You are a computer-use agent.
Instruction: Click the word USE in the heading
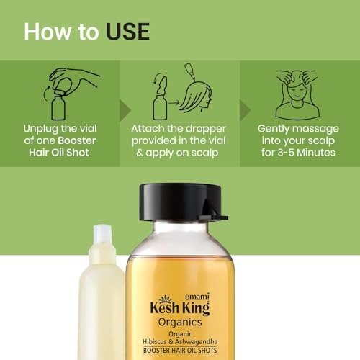coord(127,32)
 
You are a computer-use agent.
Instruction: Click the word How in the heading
coord(48,32)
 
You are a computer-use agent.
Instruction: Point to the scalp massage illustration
coord(297,94)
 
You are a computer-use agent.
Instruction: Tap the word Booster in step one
coord(77,140)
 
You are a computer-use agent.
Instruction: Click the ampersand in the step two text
coord(140,153)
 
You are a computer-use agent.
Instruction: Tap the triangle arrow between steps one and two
coord(125,110)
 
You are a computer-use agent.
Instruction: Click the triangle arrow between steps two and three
coord(246,110)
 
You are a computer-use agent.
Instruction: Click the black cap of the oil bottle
coord(181,202)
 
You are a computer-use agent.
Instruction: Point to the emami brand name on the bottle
coord(198,297)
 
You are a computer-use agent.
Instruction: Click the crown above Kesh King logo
coord(165,299)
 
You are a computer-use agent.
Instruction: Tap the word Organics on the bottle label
coord(180,323)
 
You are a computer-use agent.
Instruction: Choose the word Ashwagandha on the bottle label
coord(196,342)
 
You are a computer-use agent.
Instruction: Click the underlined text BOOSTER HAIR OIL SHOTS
coord(180,351)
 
